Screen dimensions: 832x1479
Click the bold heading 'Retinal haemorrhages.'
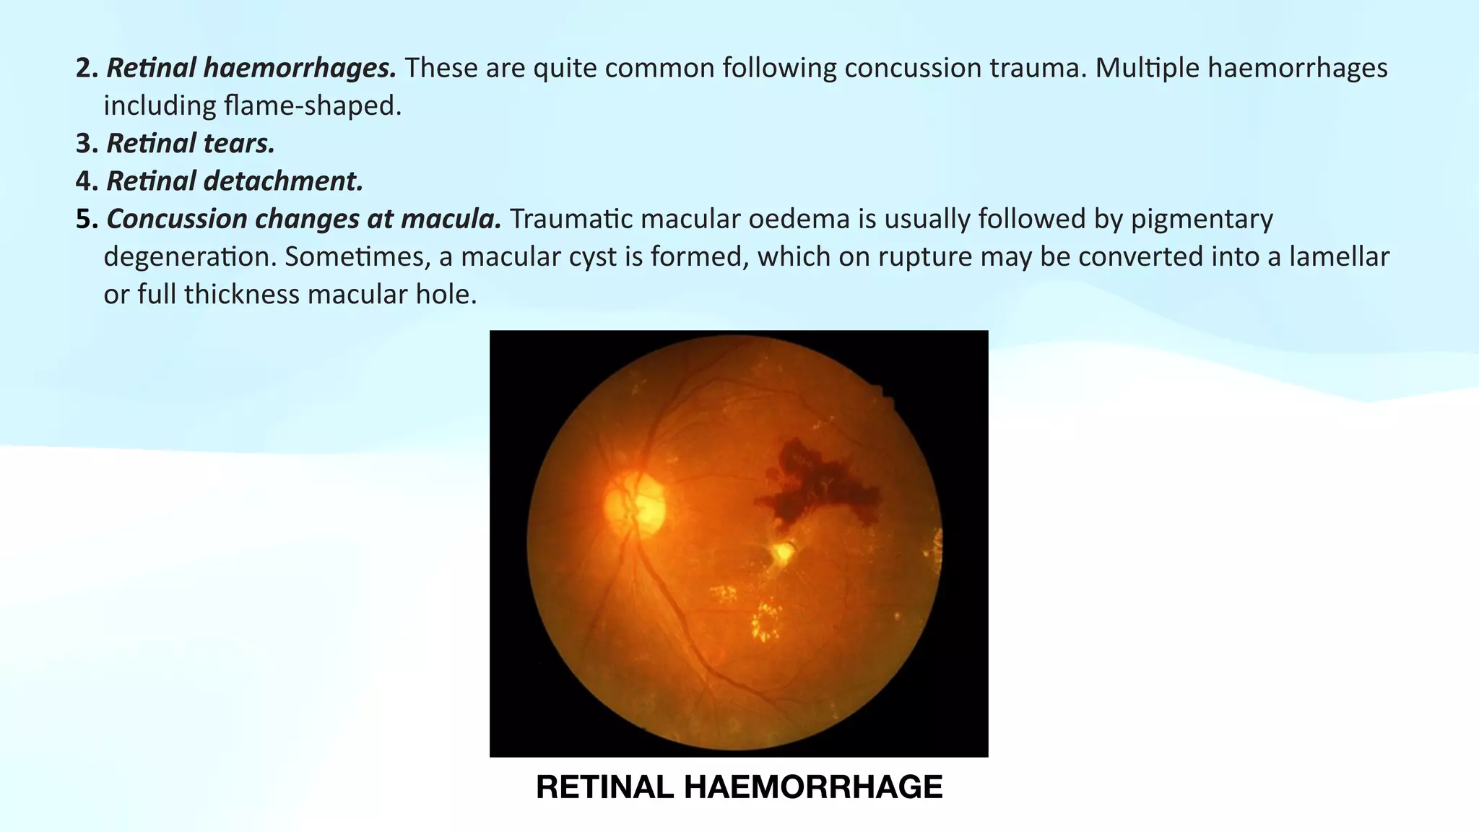coord(251,68)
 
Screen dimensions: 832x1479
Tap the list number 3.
coord(85,144)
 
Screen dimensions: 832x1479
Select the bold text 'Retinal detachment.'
coord(235,181)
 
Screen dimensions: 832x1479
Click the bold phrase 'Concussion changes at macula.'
coord(303,219)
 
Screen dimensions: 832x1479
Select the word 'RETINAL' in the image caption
coord(604,787)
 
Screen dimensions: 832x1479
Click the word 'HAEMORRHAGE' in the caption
coord(812,787)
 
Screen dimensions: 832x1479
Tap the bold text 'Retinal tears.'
coord(191,144)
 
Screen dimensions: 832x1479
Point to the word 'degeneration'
coord(190,256)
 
